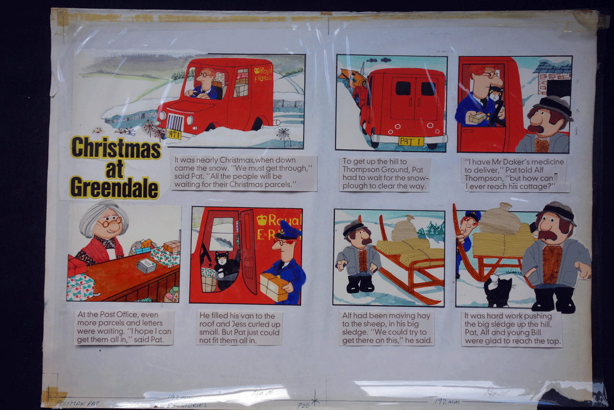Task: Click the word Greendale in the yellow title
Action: point(114,188)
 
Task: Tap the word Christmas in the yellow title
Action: point(116,148)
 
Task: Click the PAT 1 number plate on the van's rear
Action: point(411,141)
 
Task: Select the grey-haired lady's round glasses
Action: point(109,223)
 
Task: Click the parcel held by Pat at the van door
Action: point(274,286)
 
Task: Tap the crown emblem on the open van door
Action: point(262,220)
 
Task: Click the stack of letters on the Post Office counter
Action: point(147,265)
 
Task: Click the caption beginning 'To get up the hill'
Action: point(384,174)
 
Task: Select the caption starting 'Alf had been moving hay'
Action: point(387,328)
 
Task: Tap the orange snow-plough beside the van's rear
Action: point(353,79)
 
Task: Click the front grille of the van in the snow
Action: point(175,124)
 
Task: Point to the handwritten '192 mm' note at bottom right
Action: point(446,401)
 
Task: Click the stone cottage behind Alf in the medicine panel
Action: point(553,78)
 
